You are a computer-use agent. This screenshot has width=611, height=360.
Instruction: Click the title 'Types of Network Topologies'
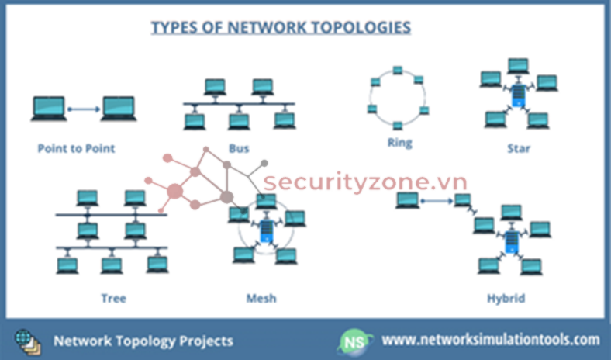point(280,28)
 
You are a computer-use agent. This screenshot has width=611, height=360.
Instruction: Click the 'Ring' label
point(399,143)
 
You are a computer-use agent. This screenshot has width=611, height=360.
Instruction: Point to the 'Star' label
point(518,148)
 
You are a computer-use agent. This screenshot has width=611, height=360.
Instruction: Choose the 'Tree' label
point(113,297)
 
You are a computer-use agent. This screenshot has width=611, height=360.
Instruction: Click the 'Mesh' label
point(261,297)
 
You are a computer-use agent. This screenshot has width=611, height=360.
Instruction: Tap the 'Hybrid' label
point(506,297)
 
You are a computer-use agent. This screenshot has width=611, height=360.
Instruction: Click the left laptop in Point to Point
point(48,109)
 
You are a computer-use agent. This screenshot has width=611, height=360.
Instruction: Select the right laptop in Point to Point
point(118,109)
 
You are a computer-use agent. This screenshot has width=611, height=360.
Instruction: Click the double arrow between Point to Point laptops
point(83,109)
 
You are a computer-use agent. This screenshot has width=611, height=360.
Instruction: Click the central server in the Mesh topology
point(267,230)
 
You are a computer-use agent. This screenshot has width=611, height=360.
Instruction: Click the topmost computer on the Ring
point(397,71)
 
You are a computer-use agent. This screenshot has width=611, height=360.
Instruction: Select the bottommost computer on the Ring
point(397,126)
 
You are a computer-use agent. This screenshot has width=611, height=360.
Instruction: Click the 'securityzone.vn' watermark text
point(365,183)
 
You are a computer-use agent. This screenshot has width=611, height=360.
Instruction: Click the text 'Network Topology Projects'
point(143,341)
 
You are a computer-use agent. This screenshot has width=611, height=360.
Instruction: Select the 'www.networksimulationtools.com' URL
point(491,340)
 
